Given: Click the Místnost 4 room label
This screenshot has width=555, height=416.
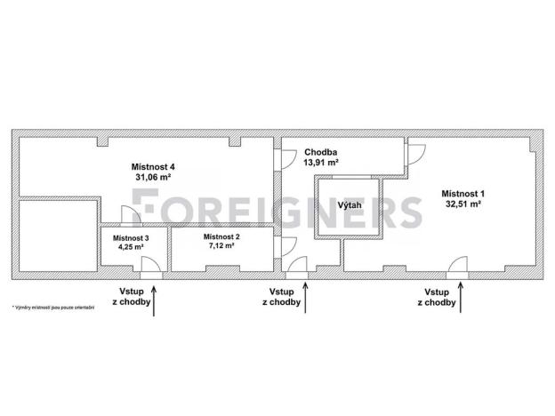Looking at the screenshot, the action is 153,166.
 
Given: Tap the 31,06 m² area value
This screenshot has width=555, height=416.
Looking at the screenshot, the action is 153,177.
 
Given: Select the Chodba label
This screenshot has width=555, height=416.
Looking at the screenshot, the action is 321,153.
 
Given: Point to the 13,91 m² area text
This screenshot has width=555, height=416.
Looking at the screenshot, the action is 321,163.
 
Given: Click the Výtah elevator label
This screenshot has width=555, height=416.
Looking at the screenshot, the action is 350,205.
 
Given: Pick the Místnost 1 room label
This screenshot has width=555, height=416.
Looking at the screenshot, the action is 463,194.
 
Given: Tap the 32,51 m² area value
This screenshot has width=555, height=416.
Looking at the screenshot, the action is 463,204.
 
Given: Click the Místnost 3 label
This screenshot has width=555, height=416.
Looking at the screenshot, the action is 131,238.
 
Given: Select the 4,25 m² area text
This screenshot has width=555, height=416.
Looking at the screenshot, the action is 131,247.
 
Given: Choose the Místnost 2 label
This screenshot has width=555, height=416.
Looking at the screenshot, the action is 221,236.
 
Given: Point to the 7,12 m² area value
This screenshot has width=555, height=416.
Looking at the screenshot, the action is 221,245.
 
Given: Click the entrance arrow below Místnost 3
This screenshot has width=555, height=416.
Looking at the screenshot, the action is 154,300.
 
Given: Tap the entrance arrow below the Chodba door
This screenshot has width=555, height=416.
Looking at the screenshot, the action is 305,298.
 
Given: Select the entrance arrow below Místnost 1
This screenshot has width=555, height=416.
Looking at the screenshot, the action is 461,297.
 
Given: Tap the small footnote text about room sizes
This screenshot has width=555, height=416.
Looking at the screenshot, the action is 53,308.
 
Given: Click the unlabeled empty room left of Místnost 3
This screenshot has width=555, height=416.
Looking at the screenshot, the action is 58,236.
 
